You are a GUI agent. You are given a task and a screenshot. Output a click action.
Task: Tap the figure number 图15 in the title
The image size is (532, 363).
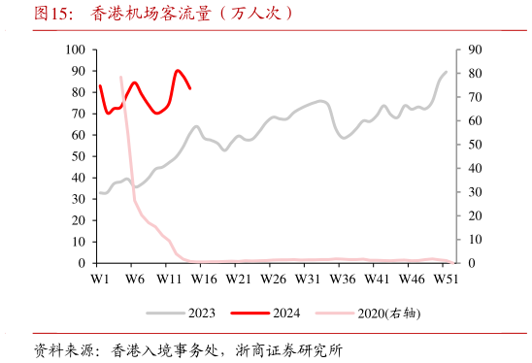click(x=52, y=14)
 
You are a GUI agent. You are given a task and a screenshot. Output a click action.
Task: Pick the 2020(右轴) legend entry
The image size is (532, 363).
click(x=388, y=313)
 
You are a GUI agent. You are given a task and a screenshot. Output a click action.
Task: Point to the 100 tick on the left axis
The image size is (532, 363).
click(x=73, y=49)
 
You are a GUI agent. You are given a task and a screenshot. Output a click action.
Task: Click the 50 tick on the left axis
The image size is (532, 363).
click(x=76, y=156)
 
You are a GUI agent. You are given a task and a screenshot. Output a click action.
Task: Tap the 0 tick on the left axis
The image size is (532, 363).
click(x=80, y=263)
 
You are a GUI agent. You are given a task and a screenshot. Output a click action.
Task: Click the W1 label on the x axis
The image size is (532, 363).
click(x=99, y=279)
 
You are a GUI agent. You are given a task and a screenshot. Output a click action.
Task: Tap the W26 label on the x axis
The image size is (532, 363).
click(x=273, y=279)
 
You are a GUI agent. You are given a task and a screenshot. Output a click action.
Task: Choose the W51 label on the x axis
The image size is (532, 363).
click(x=446, y=279)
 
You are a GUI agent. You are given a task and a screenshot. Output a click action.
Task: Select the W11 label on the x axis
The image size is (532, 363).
click(x=169, y=279)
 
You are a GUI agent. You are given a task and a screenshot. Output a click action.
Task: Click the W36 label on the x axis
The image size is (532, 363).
click(x=342, y=279)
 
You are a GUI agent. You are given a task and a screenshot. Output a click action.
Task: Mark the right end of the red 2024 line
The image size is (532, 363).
click(x=190, y=88)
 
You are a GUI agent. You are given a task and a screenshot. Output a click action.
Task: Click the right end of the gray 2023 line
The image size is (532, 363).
click(x=447, y=72)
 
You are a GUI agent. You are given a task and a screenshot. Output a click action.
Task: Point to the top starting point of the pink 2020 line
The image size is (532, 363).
click(x=120, y=77)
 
